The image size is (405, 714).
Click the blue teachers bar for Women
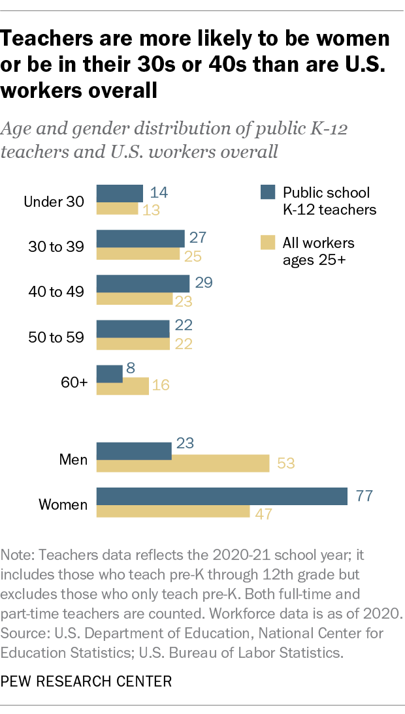221,496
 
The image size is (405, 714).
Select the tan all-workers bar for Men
183,463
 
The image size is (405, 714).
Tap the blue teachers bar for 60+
110,374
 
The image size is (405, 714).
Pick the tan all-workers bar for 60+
123,386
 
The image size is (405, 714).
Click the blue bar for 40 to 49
143,283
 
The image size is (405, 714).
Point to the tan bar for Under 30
118,209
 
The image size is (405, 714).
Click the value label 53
285,464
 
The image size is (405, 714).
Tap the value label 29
204,283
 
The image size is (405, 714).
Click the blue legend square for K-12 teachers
267,193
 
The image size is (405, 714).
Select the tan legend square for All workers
267,243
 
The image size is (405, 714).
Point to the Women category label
63,504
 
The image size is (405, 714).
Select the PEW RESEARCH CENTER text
87,682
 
